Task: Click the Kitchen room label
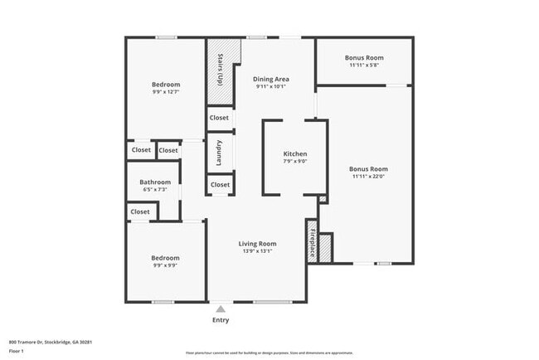(295, 154)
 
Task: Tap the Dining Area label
(270, 79)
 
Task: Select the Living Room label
(257, 244)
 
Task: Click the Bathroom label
(155, 182)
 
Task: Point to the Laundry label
(219, 152)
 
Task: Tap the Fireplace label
(313, 241)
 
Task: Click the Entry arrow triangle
(221, 309)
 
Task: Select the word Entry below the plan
(221, 320)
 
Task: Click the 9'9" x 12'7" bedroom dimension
(165, 92)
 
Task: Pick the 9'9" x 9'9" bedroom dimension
(165, 265)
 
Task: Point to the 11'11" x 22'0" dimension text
(368, 176)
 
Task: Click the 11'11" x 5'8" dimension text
(365, 65)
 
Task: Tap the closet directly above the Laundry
(219, 119)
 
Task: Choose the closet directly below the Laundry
(220, 184)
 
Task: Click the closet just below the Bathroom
(140, 212)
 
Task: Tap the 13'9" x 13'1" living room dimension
(257, 251)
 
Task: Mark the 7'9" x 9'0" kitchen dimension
(295, 162)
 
